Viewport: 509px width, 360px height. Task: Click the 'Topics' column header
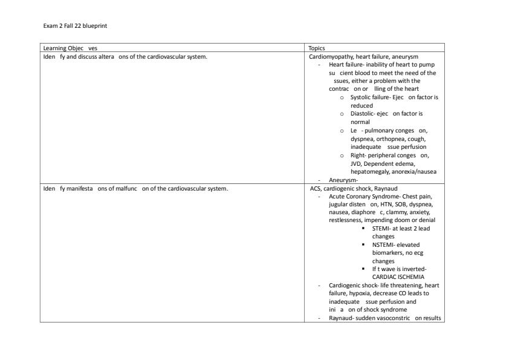point(317,48)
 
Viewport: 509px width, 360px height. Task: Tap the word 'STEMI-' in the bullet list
point(383,229)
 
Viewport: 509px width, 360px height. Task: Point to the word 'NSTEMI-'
point(385,244)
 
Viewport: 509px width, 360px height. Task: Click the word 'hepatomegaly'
point(369,171)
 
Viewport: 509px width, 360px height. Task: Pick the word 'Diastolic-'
point(363,114)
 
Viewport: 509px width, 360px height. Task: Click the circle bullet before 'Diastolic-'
point(342,114)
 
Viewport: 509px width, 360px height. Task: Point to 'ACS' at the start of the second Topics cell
point(314,188)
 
